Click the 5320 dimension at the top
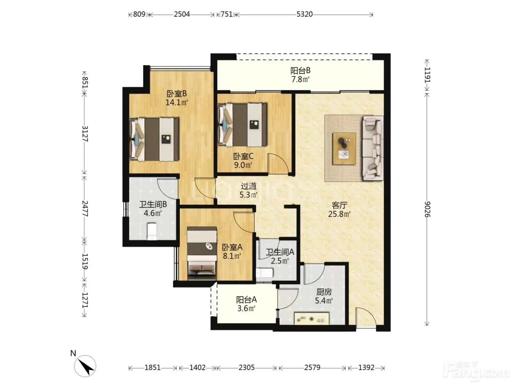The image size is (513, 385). (304, 14)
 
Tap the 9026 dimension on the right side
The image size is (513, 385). (427, 209)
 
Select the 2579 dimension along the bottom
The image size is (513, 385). (312, 368)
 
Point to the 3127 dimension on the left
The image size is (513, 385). (85, 134)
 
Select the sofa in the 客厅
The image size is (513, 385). (373, 148)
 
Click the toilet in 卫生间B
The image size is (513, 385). (152, 231)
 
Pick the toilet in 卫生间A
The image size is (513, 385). (264, 273)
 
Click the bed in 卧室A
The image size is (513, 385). (202, 253)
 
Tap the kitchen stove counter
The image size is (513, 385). (311, 318)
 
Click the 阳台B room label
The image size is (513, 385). (300, 70)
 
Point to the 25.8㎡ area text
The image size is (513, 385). (339, 214)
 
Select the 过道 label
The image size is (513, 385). (249, 186)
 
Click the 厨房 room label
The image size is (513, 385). (324, 292)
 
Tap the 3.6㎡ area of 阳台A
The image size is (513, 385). (246, 308)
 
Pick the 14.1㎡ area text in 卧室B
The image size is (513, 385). (177, 102)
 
